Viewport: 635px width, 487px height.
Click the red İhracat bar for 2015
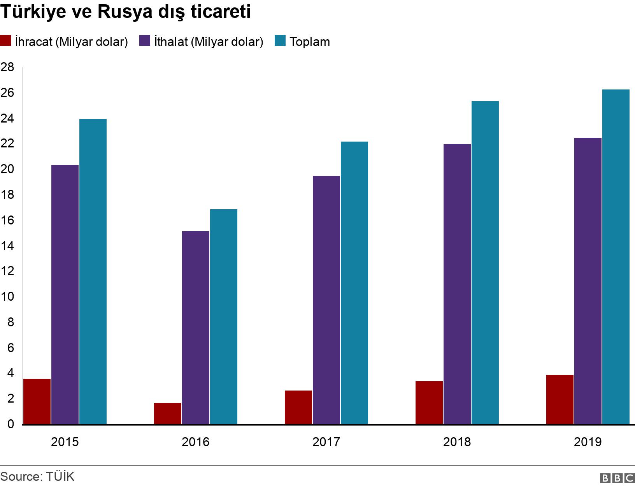click(x=37, y=401)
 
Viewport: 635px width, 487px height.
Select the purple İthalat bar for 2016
click(x=196, y=328)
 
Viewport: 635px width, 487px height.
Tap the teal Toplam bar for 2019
click(x=616, y=257)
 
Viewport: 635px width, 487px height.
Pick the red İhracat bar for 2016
click(x=168, y=413)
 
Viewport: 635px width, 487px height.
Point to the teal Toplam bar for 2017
click(x=354, y=283)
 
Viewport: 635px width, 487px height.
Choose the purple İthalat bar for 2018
click(x=457, y=284)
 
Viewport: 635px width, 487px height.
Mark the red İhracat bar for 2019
click(x=560, y=399)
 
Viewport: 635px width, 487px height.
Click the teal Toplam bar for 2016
click(x=224, y=317)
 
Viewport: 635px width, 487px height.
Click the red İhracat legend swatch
click(x=5, y=41)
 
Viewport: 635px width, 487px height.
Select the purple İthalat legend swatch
click(x=145, y=41)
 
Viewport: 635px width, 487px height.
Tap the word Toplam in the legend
click(x=310, y=42)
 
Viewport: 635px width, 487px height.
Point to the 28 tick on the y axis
click(x=7, y=67)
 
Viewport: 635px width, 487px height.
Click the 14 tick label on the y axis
click(x=7, y=246)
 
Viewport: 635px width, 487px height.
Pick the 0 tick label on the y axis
click(x=11, y=424)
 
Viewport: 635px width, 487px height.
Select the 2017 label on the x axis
click(x=326, y=442)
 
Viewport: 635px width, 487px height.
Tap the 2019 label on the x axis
click(x=588, y=442)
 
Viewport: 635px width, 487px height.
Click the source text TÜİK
click(x=60, y=476)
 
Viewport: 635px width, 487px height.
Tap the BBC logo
click(x=617, y=478)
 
